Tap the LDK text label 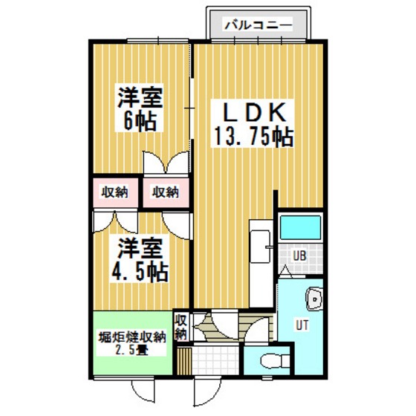pos(255,112)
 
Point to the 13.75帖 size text pos(253,137)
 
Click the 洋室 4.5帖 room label pos(140,260)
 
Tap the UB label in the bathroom pos(300,256)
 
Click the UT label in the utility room pos(302,325)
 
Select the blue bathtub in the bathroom pos(301,227)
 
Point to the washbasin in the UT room pos(315,299)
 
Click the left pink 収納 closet pos(115,192)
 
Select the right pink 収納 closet pos(166,192)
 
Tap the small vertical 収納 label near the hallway pos(181,327)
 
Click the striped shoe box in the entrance pos(184,361)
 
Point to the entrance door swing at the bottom pos(207,392)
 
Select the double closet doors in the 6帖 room pos(166,163)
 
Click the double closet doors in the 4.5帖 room pos(115,222)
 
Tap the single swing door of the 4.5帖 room pos(177,226)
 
